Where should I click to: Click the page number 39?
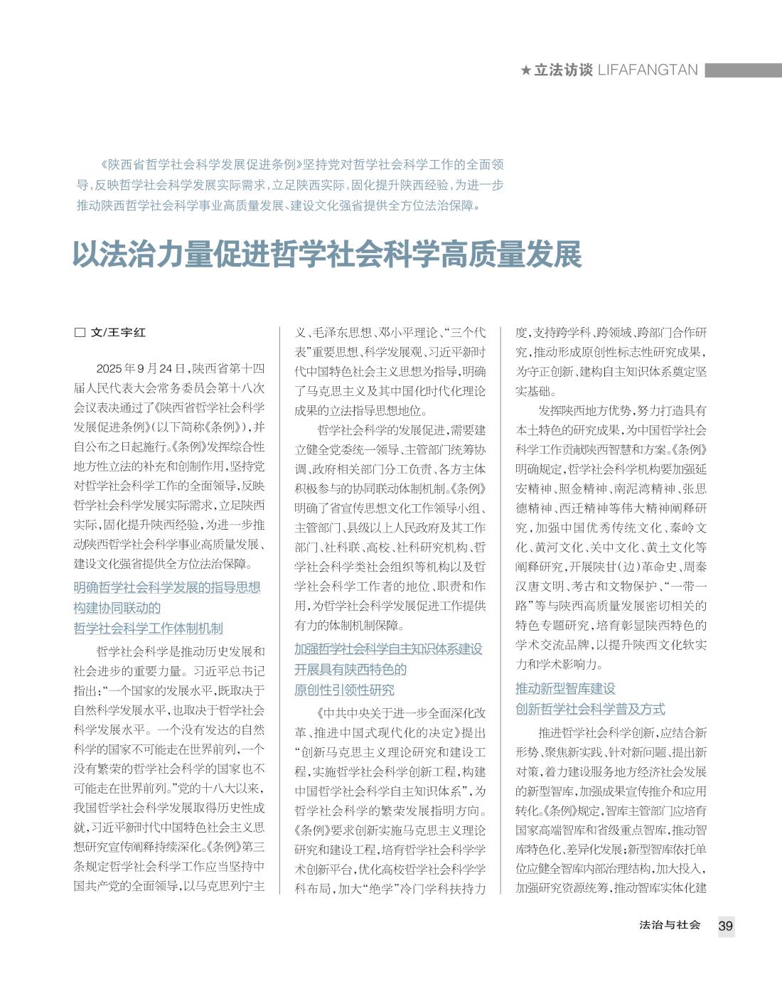[725, 926]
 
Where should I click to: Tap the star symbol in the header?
[525, 70]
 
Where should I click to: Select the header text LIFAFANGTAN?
[648, 70]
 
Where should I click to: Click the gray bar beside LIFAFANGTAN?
[743, 70]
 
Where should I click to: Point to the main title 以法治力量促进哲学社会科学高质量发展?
[327, 255]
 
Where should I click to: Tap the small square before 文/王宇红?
[80, 333]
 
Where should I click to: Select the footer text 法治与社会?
[670, 925]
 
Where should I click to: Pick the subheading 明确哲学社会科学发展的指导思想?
[167, 588]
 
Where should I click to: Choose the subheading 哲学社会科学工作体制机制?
[148, 629]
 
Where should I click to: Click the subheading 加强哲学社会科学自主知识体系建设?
[388, 649]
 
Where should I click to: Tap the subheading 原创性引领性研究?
[344, 690]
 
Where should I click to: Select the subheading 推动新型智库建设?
[565, 688]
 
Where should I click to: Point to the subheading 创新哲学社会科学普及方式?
[590, 709]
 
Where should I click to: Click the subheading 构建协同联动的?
[117, 608]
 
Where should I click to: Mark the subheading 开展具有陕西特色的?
[350, 670]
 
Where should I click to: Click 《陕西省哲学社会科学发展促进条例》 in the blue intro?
[202, 165]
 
